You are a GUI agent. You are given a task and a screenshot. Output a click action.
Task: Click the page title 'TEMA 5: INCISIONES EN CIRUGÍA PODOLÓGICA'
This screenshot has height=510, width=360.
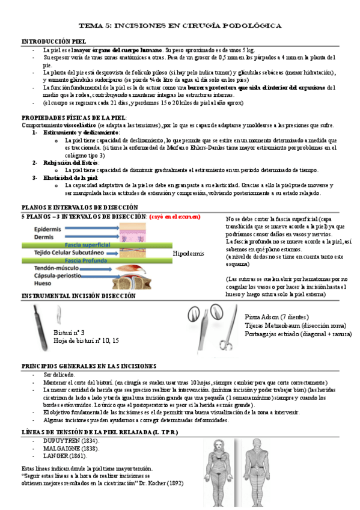[x=180, y=26]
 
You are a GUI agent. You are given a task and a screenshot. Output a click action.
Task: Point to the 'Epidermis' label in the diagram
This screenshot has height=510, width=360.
[x=47, y=229]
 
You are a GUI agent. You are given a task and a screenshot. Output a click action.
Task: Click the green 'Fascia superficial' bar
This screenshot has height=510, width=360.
[x=90, y=245]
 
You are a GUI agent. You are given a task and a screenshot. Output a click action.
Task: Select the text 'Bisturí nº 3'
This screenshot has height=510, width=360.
[x=69, y=332]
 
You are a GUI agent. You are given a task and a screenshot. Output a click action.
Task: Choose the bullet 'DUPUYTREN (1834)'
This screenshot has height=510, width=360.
[x=71, y=441]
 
